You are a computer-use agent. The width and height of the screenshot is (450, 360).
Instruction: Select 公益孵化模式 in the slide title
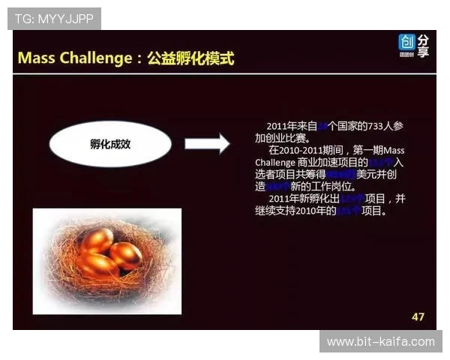pyautogui.click(x=190, y=58)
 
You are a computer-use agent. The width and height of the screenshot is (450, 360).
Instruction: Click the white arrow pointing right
pyautogui.click(x=206, y=142)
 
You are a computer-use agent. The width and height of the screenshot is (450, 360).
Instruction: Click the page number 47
pyautogui.click(x=418, y=316)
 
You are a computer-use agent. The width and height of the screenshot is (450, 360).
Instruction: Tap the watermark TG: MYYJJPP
pyautogui.click(x=54, y=19)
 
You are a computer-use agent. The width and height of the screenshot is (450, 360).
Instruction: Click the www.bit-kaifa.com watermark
pyautogui.click(x=381, y=342)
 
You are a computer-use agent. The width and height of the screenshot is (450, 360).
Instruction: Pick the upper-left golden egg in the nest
pyautogui.click(x=97, y=241)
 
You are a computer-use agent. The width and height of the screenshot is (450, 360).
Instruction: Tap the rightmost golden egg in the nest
pyautogui.click(x=125, y=255)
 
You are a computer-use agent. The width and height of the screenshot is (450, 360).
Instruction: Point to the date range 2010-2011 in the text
pyautogui.click(x=300, y=151)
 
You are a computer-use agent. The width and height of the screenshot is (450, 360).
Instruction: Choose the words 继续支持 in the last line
pyautogui.click(x=277, y=211)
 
